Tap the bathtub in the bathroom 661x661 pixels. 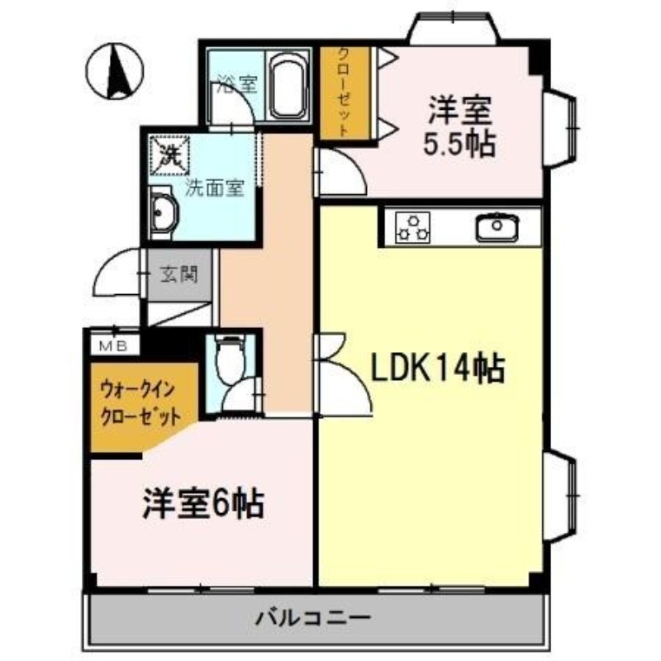[x=288, y=86]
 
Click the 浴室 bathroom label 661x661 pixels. [x=236, y=83]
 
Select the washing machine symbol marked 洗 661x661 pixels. [x=170, y=154]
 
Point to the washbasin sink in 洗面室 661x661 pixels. [x=163, y=214]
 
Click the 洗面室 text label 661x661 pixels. [x=213, y=187]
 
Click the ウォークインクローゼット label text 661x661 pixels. [x=140, y=402]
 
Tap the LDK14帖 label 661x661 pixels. [x=436, y=369]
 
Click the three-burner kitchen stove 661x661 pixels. [x=413, y=226]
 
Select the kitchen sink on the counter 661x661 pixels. [x=496, y=226]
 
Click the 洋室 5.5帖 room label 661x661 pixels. [x=459, y=127]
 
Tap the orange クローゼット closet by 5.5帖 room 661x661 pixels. [x=337, y=91]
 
